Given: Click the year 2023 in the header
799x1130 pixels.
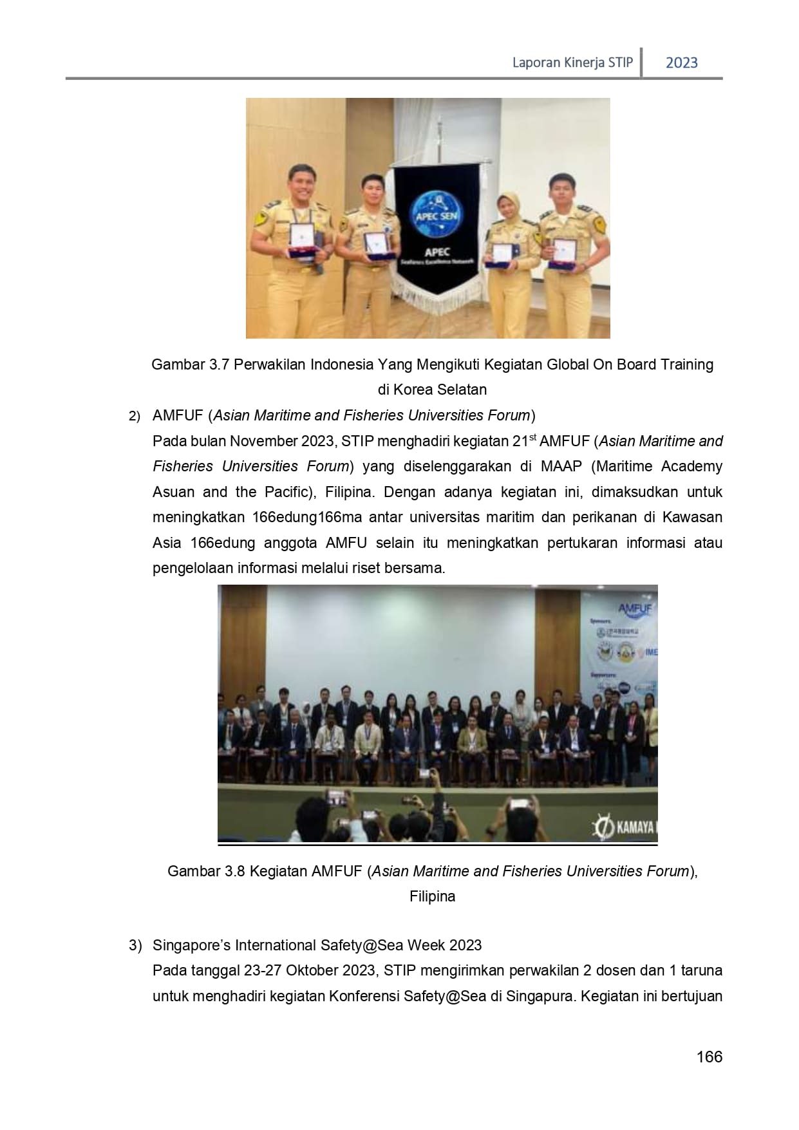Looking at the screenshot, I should (681, 62).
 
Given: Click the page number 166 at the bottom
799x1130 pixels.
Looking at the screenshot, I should (709, 1057).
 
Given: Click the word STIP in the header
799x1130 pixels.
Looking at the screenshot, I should (621, 62).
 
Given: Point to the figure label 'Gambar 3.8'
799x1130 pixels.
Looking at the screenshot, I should (206, 871).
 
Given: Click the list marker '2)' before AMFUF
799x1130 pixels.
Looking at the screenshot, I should (134, 417).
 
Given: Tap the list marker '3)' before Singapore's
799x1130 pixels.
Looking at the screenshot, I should (135, 945).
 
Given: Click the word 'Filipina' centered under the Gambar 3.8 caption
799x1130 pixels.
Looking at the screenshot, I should (432, 896).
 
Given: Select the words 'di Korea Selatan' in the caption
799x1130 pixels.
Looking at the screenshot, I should (432, 390).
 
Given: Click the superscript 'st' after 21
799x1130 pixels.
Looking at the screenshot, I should (532, 437).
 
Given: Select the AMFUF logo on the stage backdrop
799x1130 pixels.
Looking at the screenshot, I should (634, 608).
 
